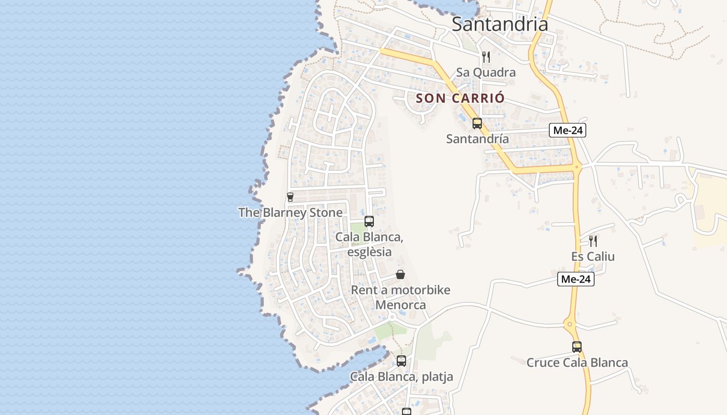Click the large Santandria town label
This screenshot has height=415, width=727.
pyautogui.click(x=500, y=24)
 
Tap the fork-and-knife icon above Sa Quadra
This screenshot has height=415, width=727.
pyautogui.click(x=486, y=57)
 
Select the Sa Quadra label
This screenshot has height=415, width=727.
pyautogui.click(x=486, y=72)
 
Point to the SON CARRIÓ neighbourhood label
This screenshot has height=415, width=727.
pyautogui.click(x=460, y=98)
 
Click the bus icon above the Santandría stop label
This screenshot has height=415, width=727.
pyautogui.click(x=477, y=123)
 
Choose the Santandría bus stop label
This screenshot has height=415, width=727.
pyautogui.click(x=478, y=139)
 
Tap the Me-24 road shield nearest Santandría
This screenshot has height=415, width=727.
pyautogui.click(x=568, y=131)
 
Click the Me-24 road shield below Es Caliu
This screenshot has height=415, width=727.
pyautogui.click(x=576, y=279)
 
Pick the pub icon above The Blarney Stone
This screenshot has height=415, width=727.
pyautogui.click(x=290, y=197)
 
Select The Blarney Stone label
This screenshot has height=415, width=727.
pyautogui.click(x=290, y=213)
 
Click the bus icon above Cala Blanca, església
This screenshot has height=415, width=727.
pyautogui.click(x=369, y=222)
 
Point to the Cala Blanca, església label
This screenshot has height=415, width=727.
pyautogui.click(x=369, y=244)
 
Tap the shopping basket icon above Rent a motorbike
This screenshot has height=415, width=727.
pyautogui.click(x=400, y=274)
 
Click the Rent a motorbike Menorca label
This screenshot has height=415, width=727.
pyautogui.click(x=400, y=297)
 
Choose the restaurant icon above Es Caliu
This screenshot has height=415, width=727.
pyautogui.click(x=593, y=241)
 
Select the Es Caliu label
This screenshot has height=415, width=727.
pyautogui.click(x=593, y=257)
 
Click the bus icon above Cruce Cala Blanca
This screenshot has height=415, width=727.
pyautogui.click(x=577, y=347)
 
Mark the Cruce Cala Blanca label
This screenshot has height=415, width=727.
pyautogui.click(x=577, y=363)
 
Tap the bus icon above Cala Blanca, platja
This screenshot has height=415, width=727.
pyautogui.click(x=401, y=361)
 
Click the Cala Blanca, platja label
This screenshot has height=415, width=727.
pyautogui.click(x=401, y=377)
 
